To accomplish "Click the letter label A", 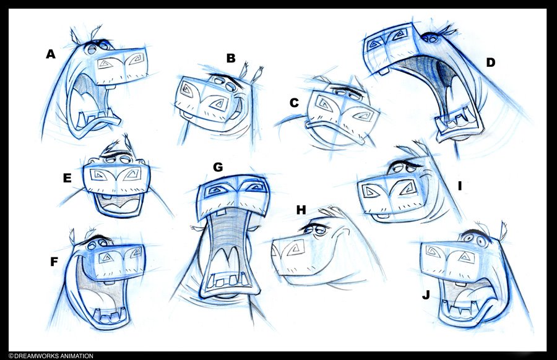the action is point(51,54).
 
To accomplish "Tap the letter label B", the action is point(231,58).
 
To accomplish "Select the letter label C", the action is point(294,103).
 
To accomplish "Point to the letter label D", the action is point(491,63).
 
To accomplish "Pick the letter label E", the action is point(67,178).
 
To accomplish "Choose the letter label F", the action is point(54,262).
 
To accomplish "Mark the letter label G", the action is point(218,167).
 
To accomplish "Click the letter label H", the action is point(301,210).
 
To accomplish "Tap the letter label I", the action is point(460,186).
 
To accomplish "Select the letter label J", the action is point(426,295).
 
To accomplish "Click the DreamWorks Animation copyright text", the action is point(51,356).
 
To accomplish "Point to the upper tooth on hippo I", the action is point(382,216).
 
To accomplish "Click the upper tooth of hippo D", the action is point(384,73).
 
